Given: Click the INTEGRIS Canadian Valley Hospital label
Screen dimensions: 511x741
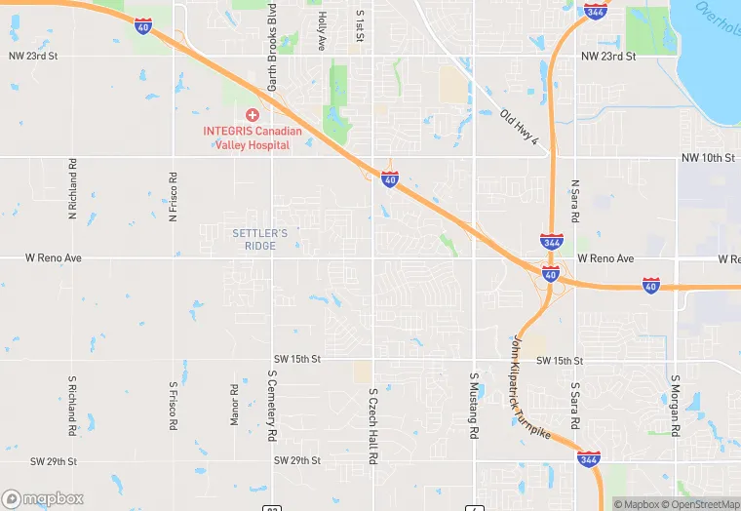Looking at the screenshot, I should click(252, 138).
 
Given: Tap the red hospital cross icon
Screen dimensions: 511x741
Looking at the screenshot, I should click(252, 115).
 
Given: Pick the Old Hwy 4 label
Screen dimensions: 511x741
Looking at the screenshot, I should click(519, 128).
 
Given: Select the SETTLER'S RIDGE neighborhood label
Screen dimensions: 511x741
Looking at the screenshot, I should click(260, 239).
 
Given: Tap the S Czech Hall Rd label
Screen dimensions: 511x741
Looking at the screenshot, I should click(372, 425).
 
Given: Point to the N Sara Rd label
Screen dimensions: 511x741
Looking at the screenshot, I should click(575, 199).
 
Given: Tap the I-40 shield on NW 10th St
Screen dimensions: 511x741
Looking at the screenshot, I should click(389, 180).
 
